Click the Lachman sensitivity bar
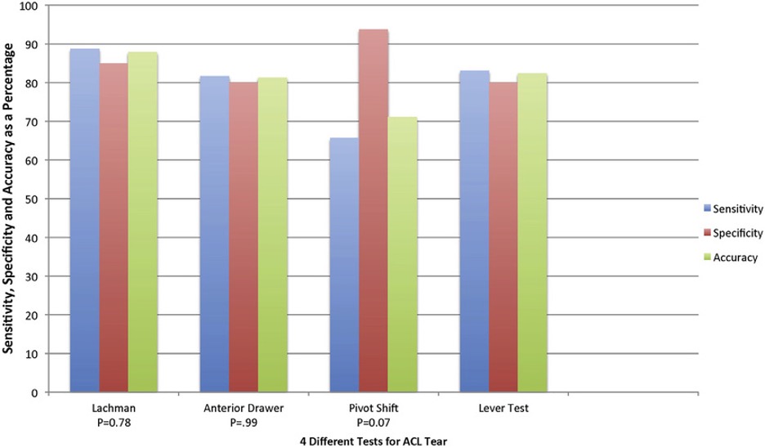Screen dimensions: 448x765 pos(85,221)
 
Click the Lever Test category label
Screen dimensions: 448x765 pos(503,407)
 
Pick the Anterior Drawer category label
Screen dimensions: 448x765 pos(244,407)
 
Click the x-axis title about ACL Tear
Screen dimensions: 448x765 pos(374,440)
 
